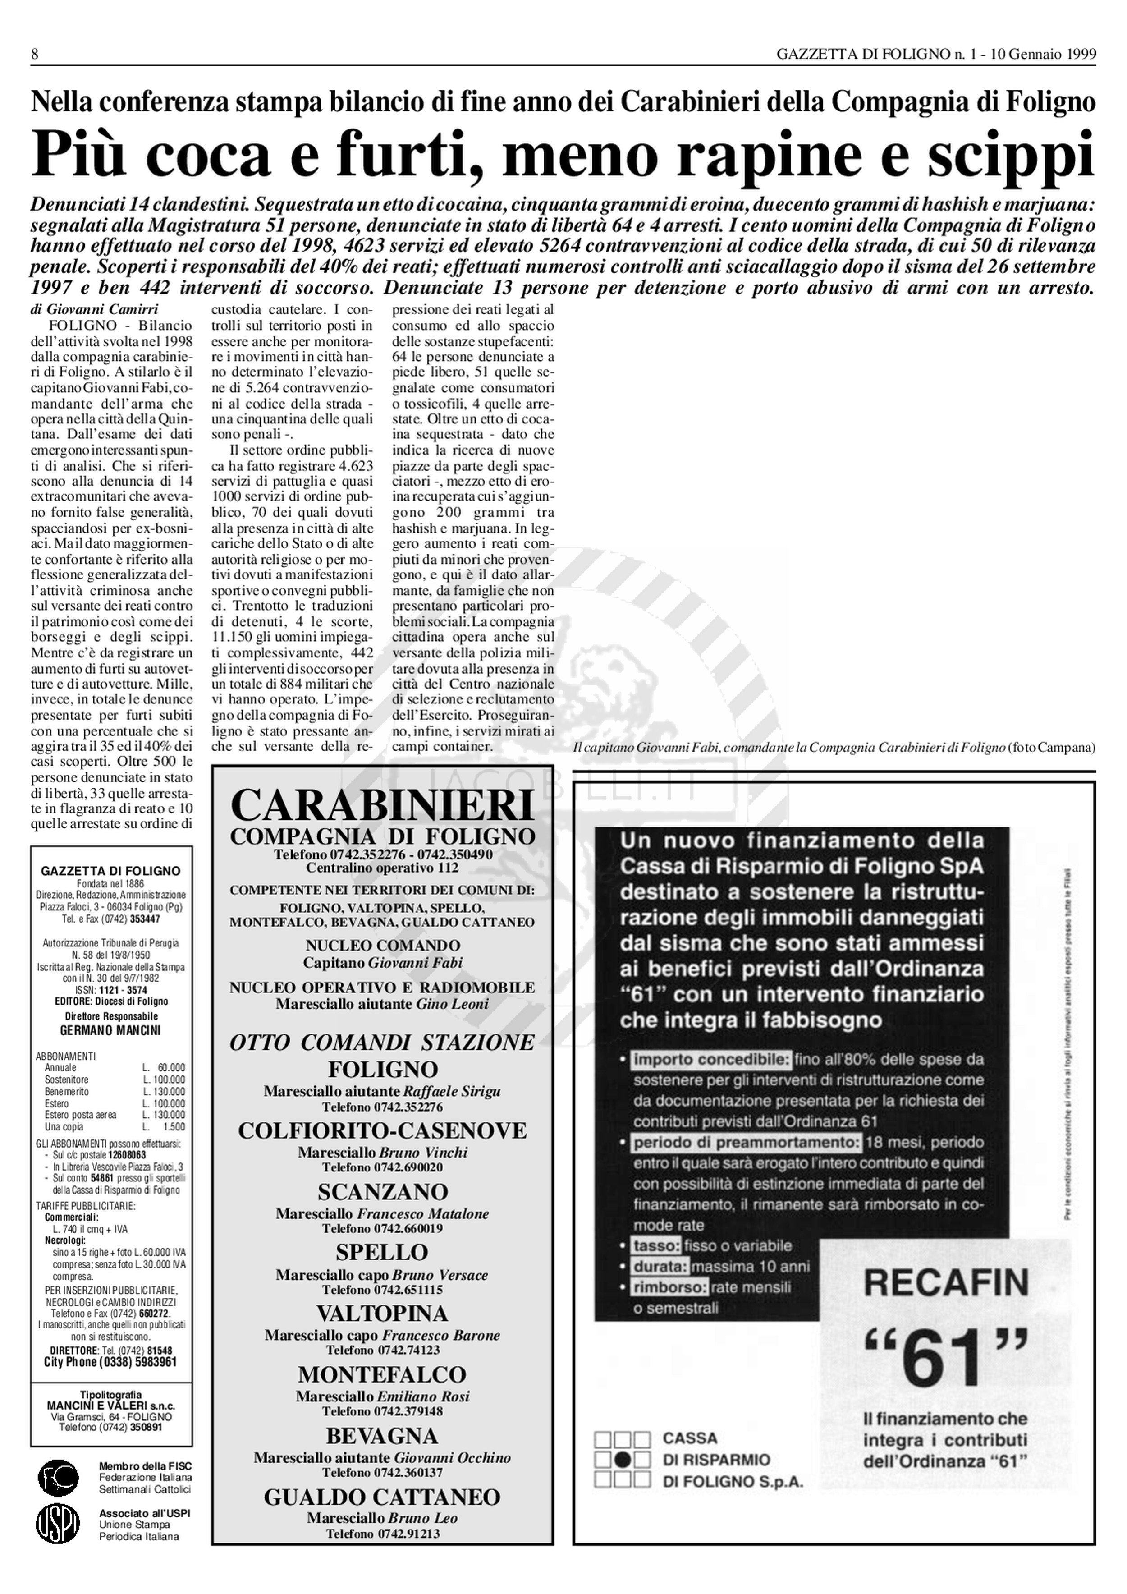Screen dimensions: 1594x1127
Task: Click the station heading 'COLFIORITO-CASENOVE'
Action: click(382, 1131)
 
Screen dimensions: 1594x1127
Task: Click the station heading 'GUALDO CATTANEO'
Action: click(382, 1497)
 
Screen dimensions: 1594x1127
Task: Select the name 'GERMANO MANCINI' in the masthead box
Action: click(110, 1031)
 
